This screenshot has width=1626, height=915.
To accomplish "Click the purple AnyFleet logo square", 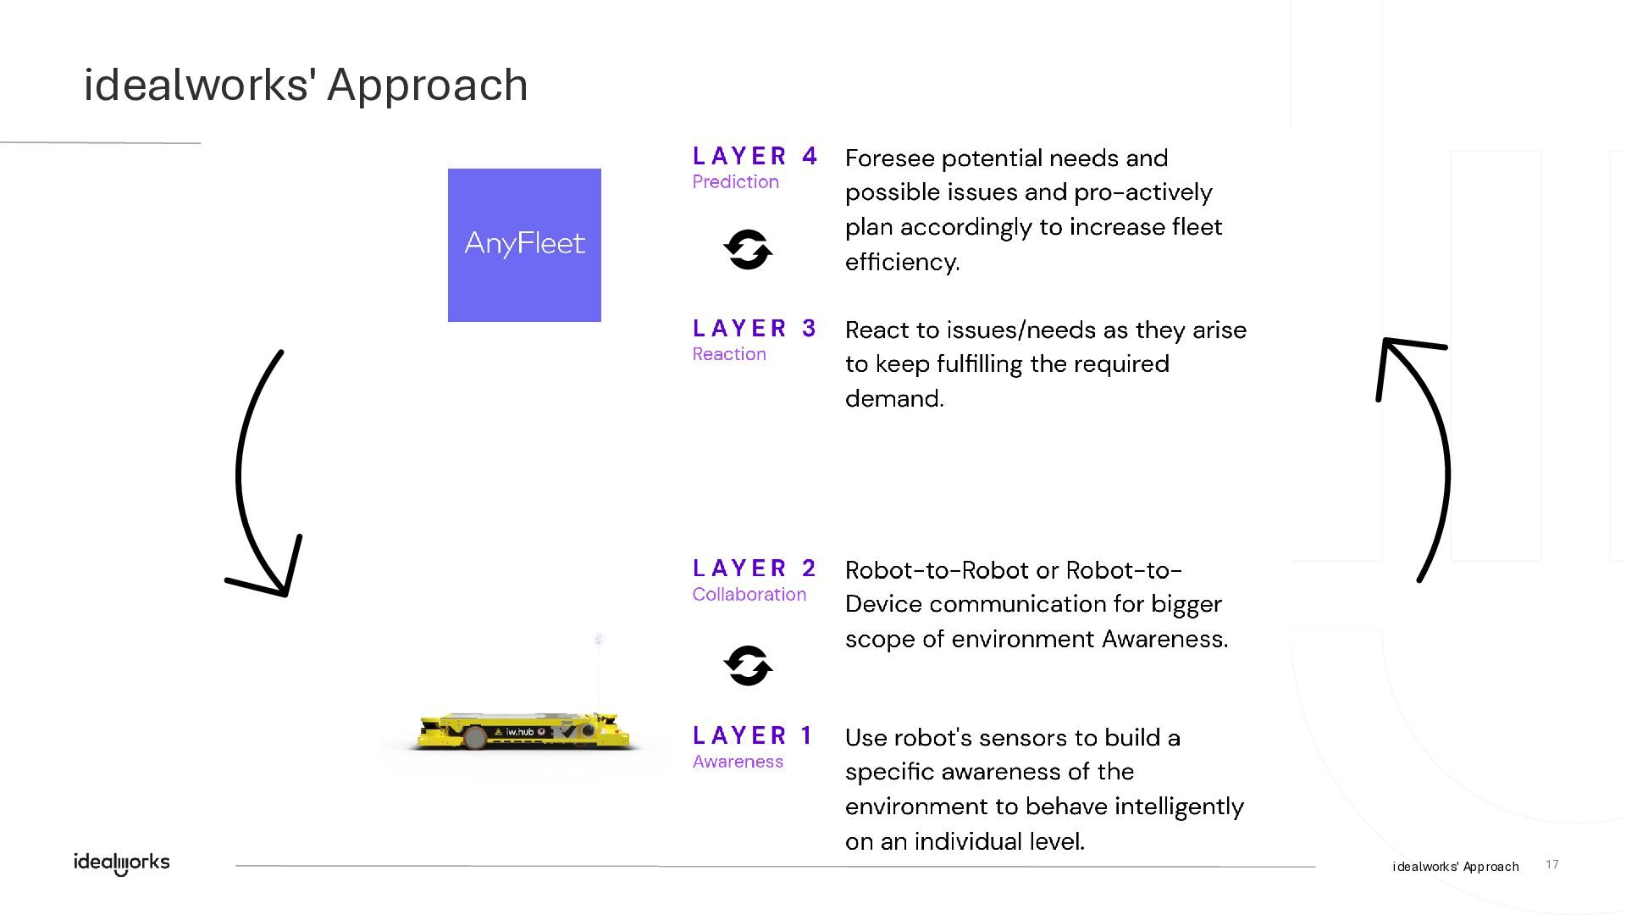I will [524, 245].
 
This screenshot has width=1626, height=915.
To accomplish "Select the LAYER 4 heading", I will [755, 156].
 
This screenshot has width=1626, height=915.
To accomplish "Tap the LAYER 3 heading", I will [755, 328].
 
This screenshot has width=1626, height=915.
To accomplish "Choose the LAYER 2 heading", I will [755, 568].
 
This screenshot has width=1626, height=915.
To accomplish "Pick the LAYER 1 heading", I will [753, 735].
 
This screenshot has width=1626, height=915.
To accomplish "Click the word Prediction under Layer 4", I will [735, 182].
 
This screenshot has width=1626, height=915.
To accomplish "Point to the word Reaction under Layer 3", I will [729, 354].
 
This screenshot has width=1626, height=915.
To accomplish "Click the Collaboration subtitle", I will [749, 595].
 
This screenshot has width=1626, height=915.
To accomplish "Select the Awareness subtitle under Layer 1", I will [738, 762].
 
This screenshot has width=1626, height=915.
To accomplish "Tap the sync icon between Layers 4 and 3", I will [748, 250].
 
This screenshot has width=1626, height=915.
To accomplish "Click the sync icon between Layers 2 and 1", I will [748, 665].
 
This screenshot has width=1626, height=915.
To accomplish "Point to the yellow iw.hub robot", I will [524, 731].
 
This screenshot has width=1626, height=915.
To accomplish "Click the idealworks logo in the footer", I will [122, 862].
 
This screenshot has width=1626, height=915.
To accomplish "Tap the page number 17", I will [1551, 864].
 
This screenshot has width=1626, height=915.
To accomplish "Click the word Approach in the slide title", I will [428, 85].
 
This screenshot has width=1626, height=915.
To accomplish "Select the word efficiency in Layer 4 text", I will [902, 262].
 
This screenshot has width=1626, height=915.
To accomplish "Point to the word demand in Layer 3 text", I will [893, 399].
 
